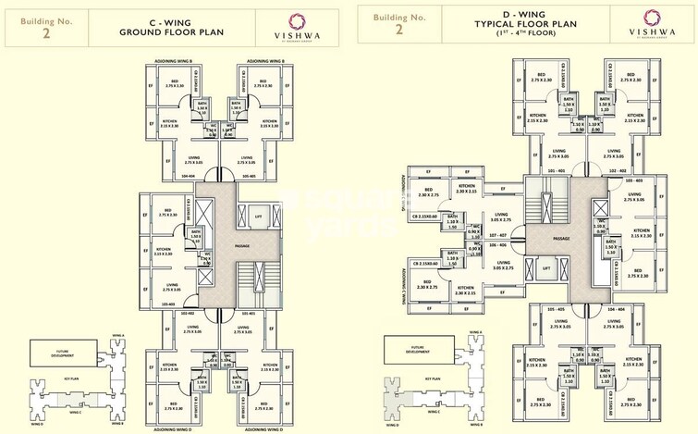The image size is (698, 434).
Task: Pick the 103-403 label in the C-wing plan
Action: tap(168, 303)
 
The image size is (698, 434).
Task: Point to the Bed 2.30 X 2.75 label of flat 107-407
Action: tap(428, 192)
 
